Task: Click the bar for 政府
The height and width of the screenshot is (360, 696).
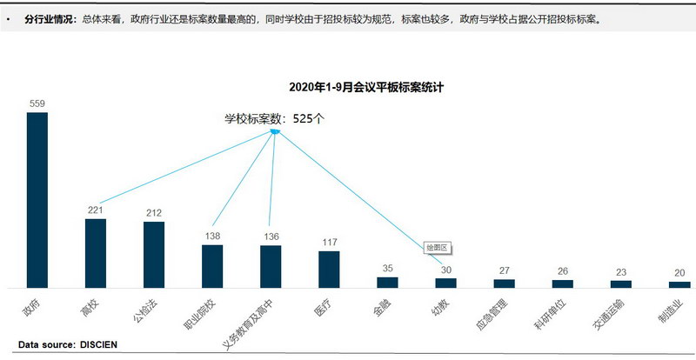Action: pyautogui.click(x=37, y=199)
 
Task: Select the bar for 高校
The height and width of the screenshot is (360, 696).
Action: pyautogui.click(x=96, y=252)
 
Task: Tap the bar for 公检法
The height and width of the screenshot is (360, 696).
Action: pyautogui.click(x=154, y=254)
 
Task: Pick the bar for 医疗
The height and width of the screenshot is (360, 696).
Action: pyautogui.click(x=329, y=269)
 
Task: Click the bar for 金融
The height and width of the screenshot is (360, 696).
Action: pyautogui.click(x=387, y=282)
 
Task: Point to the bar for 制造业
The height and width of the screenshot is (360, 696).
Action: pyautogui.click(x=679, y=283)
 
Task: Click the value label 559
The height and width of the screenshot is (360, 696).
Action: pyautogui.click(x=37, y=104)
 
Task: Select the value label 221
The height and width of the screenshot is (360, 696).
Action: pyautogui.click(x=96, y=210)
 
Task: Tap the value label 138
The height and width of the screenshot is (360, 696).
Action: pyautogui.click(x=212, y=237)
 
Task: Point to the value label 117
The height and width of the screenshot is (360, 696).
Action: pyautogui.click(x=329, y=243)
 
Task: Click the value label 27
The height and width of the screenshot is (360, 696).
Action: pyautogui.click(x=505, y=270)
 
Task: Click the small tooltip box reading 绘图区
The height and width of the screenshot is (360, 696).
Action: pyautogui.click(x=436, y=247)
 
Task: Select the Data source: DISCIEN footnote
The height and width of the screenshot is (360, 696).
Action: pyautogui.click(x=68, y=344)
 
